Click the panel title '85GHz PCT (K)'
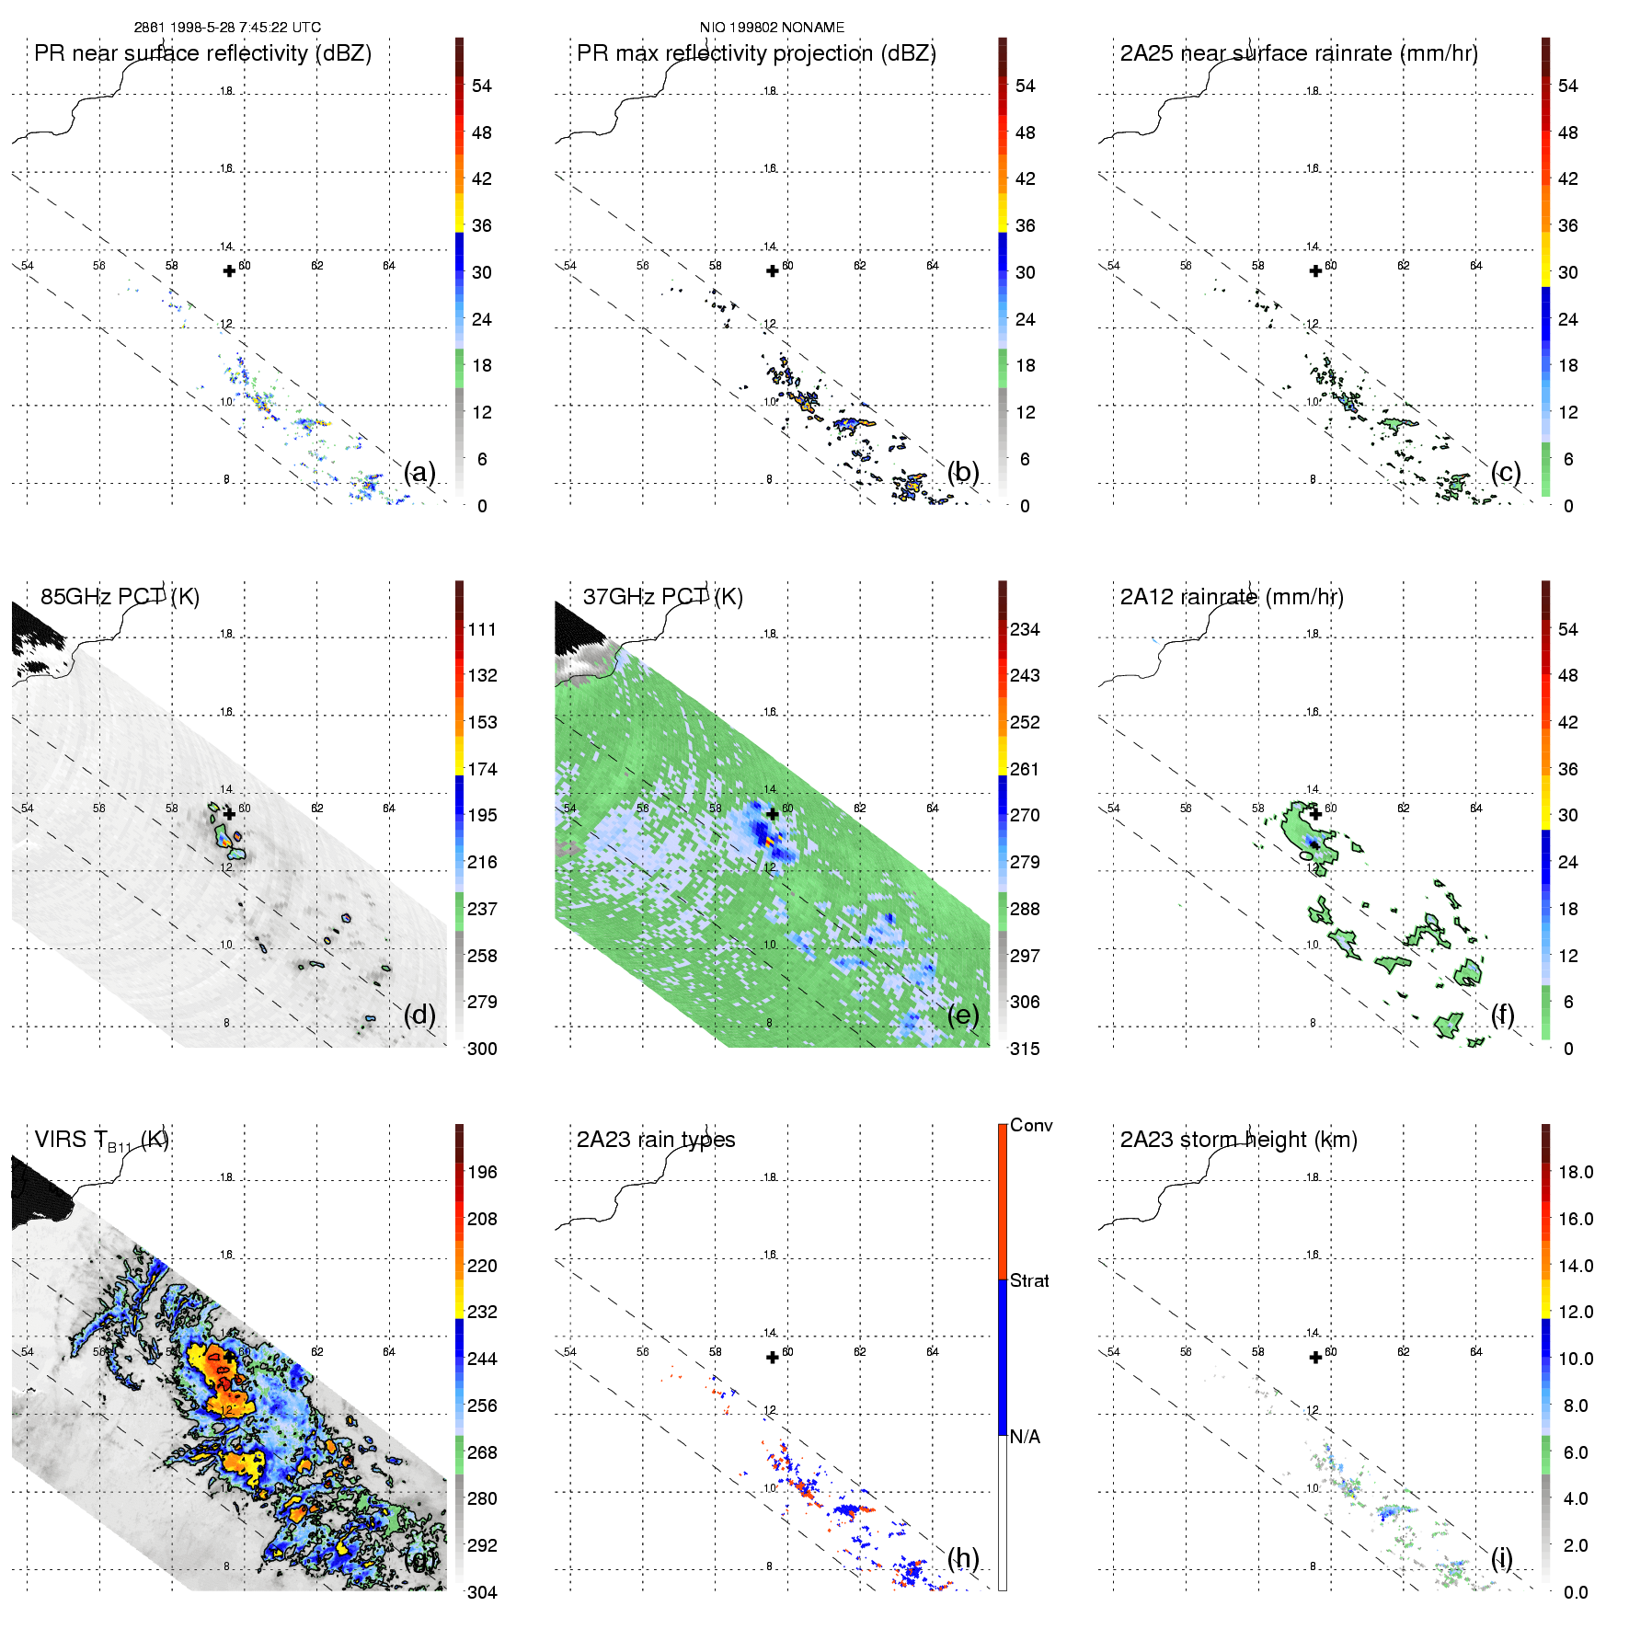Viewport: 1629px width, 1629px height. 120,597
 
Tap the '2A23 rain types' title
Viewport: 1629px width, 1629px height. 656,1140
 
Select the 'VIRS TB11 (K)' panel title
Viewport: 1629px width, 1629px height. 101,1141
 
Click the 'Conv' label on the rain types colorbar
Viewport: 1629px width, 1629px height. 1031,1125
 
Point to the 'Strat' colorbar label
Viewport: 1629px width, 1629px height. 1029,1280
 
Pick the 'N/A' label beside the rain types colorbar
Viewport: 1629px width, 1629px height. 1025,1437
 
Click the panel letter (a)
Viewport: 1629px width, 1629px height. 419,472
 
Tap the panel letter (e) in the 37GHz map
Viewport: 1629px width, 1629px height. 963,1015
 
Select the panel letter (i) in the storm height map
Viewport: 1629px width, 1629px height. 1502,1558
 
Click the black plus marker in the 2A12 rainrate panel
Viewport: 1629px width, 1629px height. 1315,814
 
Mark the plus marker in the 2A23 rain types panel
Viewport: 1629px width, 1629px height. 773,1358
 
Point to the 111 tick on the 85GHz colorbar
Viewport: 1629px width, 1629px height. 482,629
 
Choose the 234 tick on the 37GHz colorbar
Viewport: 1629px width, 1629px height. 1025,629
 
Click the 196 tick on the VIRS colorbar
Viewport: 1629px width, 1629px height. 482,1172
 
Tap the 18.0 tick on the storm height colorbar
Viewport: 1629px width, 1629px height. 1576,1172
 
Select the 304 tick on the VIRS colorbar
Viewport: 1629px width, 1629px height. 482,1592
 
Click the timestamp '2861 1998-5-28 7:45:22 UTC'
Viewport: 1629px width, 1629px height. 227,28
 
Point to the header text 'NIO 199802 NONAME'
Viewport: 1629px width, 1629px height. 772,28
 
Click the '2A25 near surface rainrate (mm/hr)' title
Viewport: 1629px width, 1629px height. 1299,53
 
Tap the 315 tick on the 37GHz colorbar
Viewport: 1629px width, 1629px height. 1025,1049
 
